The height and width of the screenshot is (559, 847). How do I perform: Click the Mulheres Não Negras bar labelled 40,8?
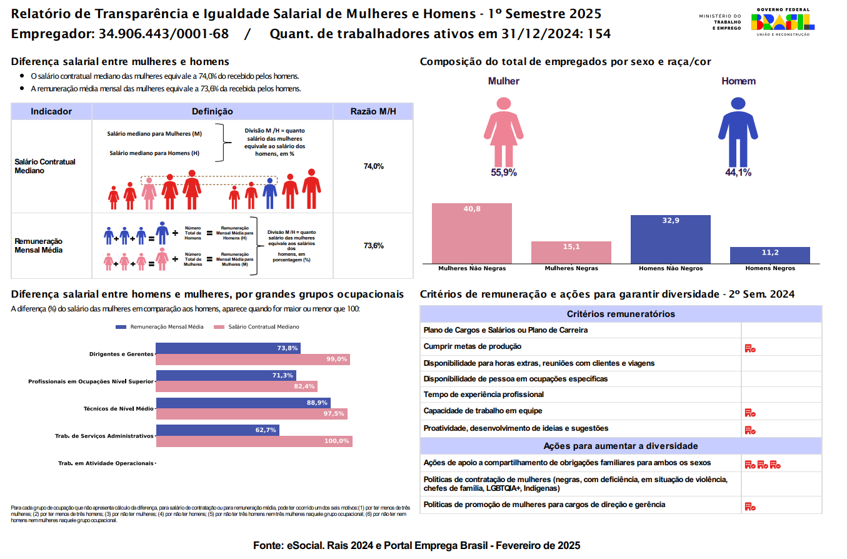coord(472,233)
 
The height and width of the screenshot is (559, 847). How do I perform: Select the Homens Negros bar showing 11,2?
coord(769,255)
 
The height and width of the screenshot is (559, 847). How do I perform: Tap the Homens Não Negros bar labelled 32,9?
coord(670,239)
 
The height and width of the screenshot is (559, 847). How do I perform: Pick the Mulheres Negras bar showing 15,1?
coord(571,252)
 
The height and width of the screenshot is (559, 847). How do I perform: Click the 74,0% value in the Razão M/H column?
coord(373,166)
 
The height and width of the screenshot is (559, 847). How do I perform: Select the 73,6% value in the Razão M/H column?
coord(373,246)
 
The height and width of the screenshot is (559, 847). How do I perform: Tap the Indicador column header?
coord(51,112)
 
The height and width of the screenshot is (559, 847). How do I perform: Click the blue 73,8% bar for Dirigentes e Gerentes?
coord(228,348)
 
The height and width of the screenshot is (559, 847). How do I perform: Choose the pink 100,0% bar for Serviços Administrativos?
coord(254,441)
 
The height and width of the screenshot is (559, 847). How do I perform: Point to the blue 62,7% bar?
coord(217,430)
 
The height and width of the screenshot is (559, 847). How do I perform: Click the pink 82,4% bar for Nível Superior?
coord(236,386)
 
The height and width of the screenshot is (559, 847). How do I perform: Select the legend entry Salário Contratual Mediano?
coord(257,327)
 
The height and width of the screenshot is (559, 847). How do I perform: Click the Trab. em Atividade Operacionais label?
coord(106,463)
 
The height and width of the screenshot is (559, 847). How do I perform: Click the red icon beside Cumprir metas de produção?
coord(750,348)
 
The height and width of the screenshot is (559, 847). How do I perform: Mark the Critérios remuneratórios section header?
coord(620,314)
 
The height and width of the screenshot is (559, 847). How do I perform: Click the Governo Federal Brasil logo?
coord(783,22)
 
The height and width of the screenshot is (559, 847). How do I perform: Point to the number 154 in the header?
coord(599,34)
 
